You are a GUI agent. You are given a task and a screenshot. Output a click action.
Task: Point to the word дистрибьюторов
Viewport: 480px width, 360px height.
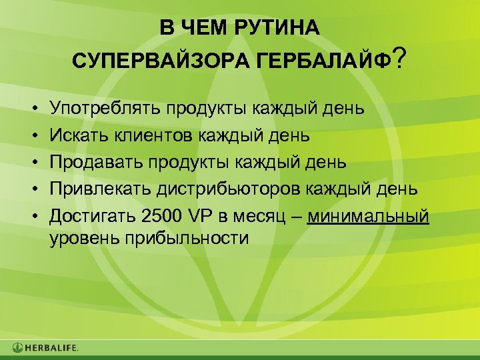pyautogui.click(x=230, y=191)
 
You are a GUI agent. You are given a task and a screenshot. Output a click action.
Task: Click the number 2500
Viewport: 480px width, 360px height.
pyautogui.click(x=159, y=218)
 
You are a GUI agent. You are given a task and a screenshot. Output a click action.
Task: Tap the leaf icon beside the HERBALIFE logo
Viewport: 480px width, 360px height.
pyautogui.click(x=17, y=348)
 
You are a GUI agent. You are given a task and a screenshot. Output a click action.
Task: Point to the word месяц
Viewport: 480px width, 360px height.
pyautogui.click(x=259, y=218)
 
